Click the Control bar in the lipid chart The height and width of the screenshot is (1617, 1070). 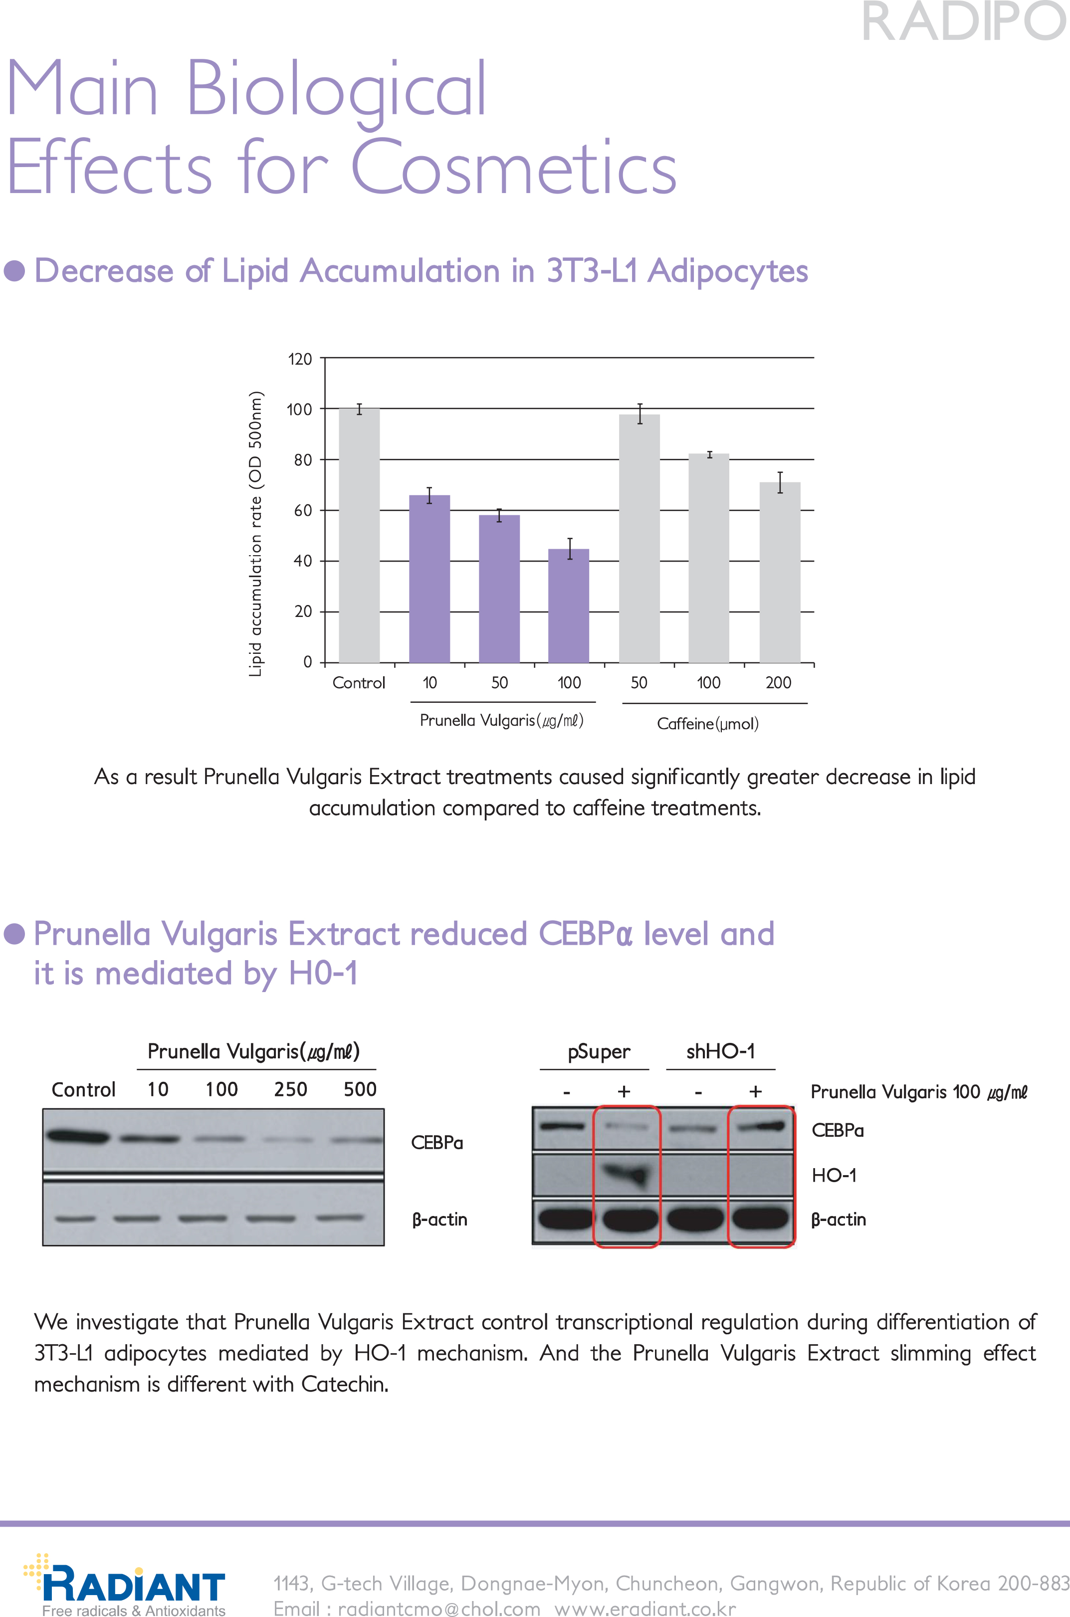(x=359, y=536)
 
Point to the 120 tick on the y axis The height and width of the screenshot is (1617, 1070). (x=300, y=359)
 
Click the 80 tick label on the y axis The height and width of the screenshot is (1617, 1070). (x=302, y=460)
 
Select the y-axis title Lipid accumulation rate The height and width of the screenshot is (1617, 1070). (x=255, y=534)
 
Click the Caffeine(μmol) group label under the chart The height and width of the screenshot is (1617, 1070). (x=708, y=723)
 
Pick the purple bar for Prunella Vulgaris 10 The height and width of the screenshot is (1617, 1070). (x=429, y=579)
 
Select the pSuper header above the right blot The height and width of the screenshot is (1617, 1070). (x=599, y=1051)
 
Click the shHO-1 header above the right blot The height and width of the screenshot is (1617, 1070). (x=721, y=1051)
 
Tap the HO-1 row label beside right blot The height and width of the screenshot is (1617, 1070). (x=833, y=1175)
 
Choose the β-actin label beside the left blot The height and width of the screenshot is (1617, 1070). (x=439, y=1219)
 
